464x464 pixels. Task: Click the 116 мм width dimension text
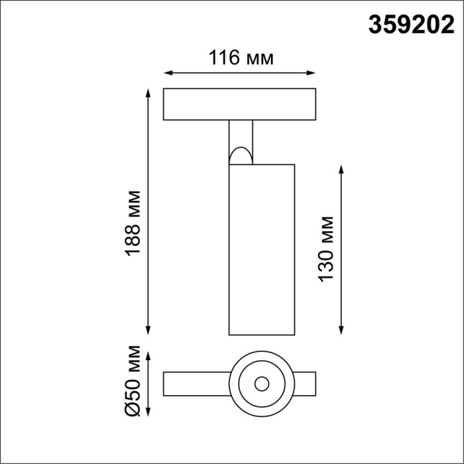click(x=240, y=58)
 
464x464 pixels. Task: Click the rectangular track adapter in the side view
click(x=239, y=104)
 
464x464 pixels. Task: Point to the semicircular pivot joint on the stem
click(x=241, y=156)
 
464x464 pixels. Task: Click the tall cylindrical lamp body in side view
click(x=261, y=249)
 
